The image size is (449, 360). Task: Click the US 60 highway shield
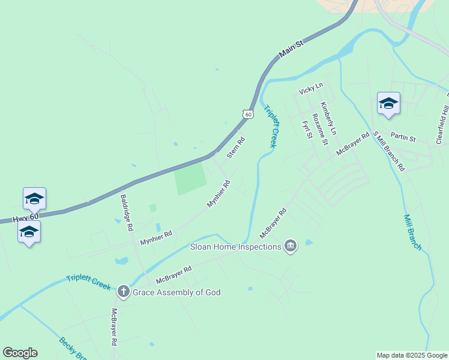point(248,113)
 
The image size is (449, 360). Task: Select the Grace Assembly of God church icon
point(124,292)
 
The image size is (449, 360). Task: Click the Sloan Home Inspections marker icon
point(291,247)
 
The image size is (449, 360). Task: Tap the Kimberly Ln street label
point(328,118)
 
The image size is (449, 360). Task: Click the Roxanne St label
point(320,129)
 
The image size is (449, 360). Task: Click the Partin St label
point(403,139)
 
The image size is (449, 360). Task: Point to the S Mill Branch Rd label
point(389,151)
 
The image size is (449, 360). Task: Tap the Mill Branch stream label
point(412,232)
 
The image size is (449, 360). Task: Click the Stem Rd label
point(236,148)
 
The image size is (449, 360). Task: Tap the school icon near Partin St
point(388,103)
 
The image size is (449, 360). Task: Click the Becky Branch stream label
point(72,349)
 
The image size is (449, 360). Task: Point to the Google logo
point(20,353)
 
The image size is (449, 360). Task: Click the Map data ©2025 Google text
point(412,355)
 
